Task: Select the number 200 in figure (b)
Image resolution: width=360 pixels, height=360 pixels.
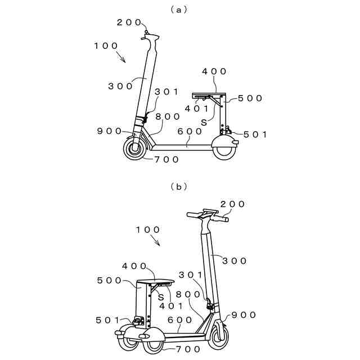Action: (x=231, y=204)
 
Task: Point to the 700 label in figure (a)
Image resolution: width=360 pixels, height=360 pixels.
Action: (x=166, y=159)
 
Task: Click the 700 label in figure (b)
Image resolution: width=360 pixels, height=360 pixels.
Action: (x=187, y=349)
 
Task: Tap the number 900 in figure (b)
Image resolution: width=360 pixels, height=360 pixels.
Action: (x=244, y=314)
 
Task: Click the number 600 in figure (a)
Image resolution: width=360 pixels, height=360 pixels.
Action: (x=190, y=131)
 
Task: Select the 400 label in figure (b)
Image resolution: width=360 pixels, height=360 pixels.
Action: (x=135, y=265)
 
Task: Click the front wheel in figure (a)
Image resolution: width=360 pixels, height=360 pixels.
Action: (x=135, y=150)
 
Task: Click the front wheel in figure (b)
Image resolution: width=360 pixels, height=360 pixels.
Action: (x=218, y=335)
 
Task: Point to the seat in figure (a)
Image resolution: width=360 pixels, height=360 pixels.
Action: (x=209, y=94)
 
